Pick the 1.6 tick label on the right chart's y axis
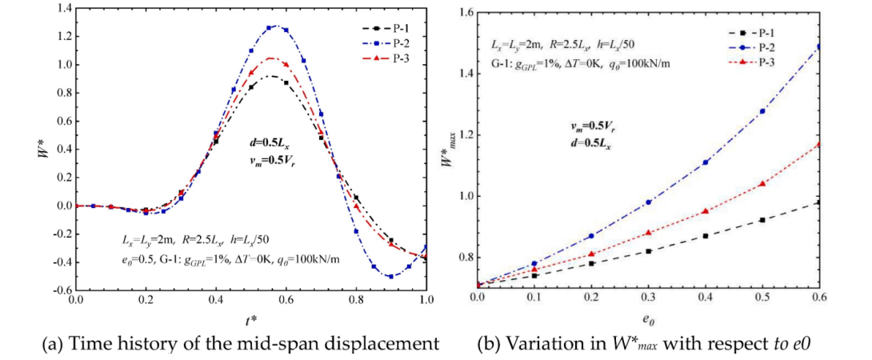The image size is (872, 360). pos(463,12)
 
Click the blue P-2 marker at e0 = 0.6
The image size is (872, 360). pos(819,46)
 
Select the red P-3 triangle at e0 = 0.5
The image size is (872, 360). pos(762,183)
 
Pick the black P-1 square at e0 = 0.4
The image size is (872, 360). pos(706,235)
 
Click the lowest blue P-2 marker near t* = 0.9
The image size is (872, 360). pos(391,276)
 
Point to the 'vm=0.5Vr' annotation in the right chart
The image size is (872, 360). pos(593,126)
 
